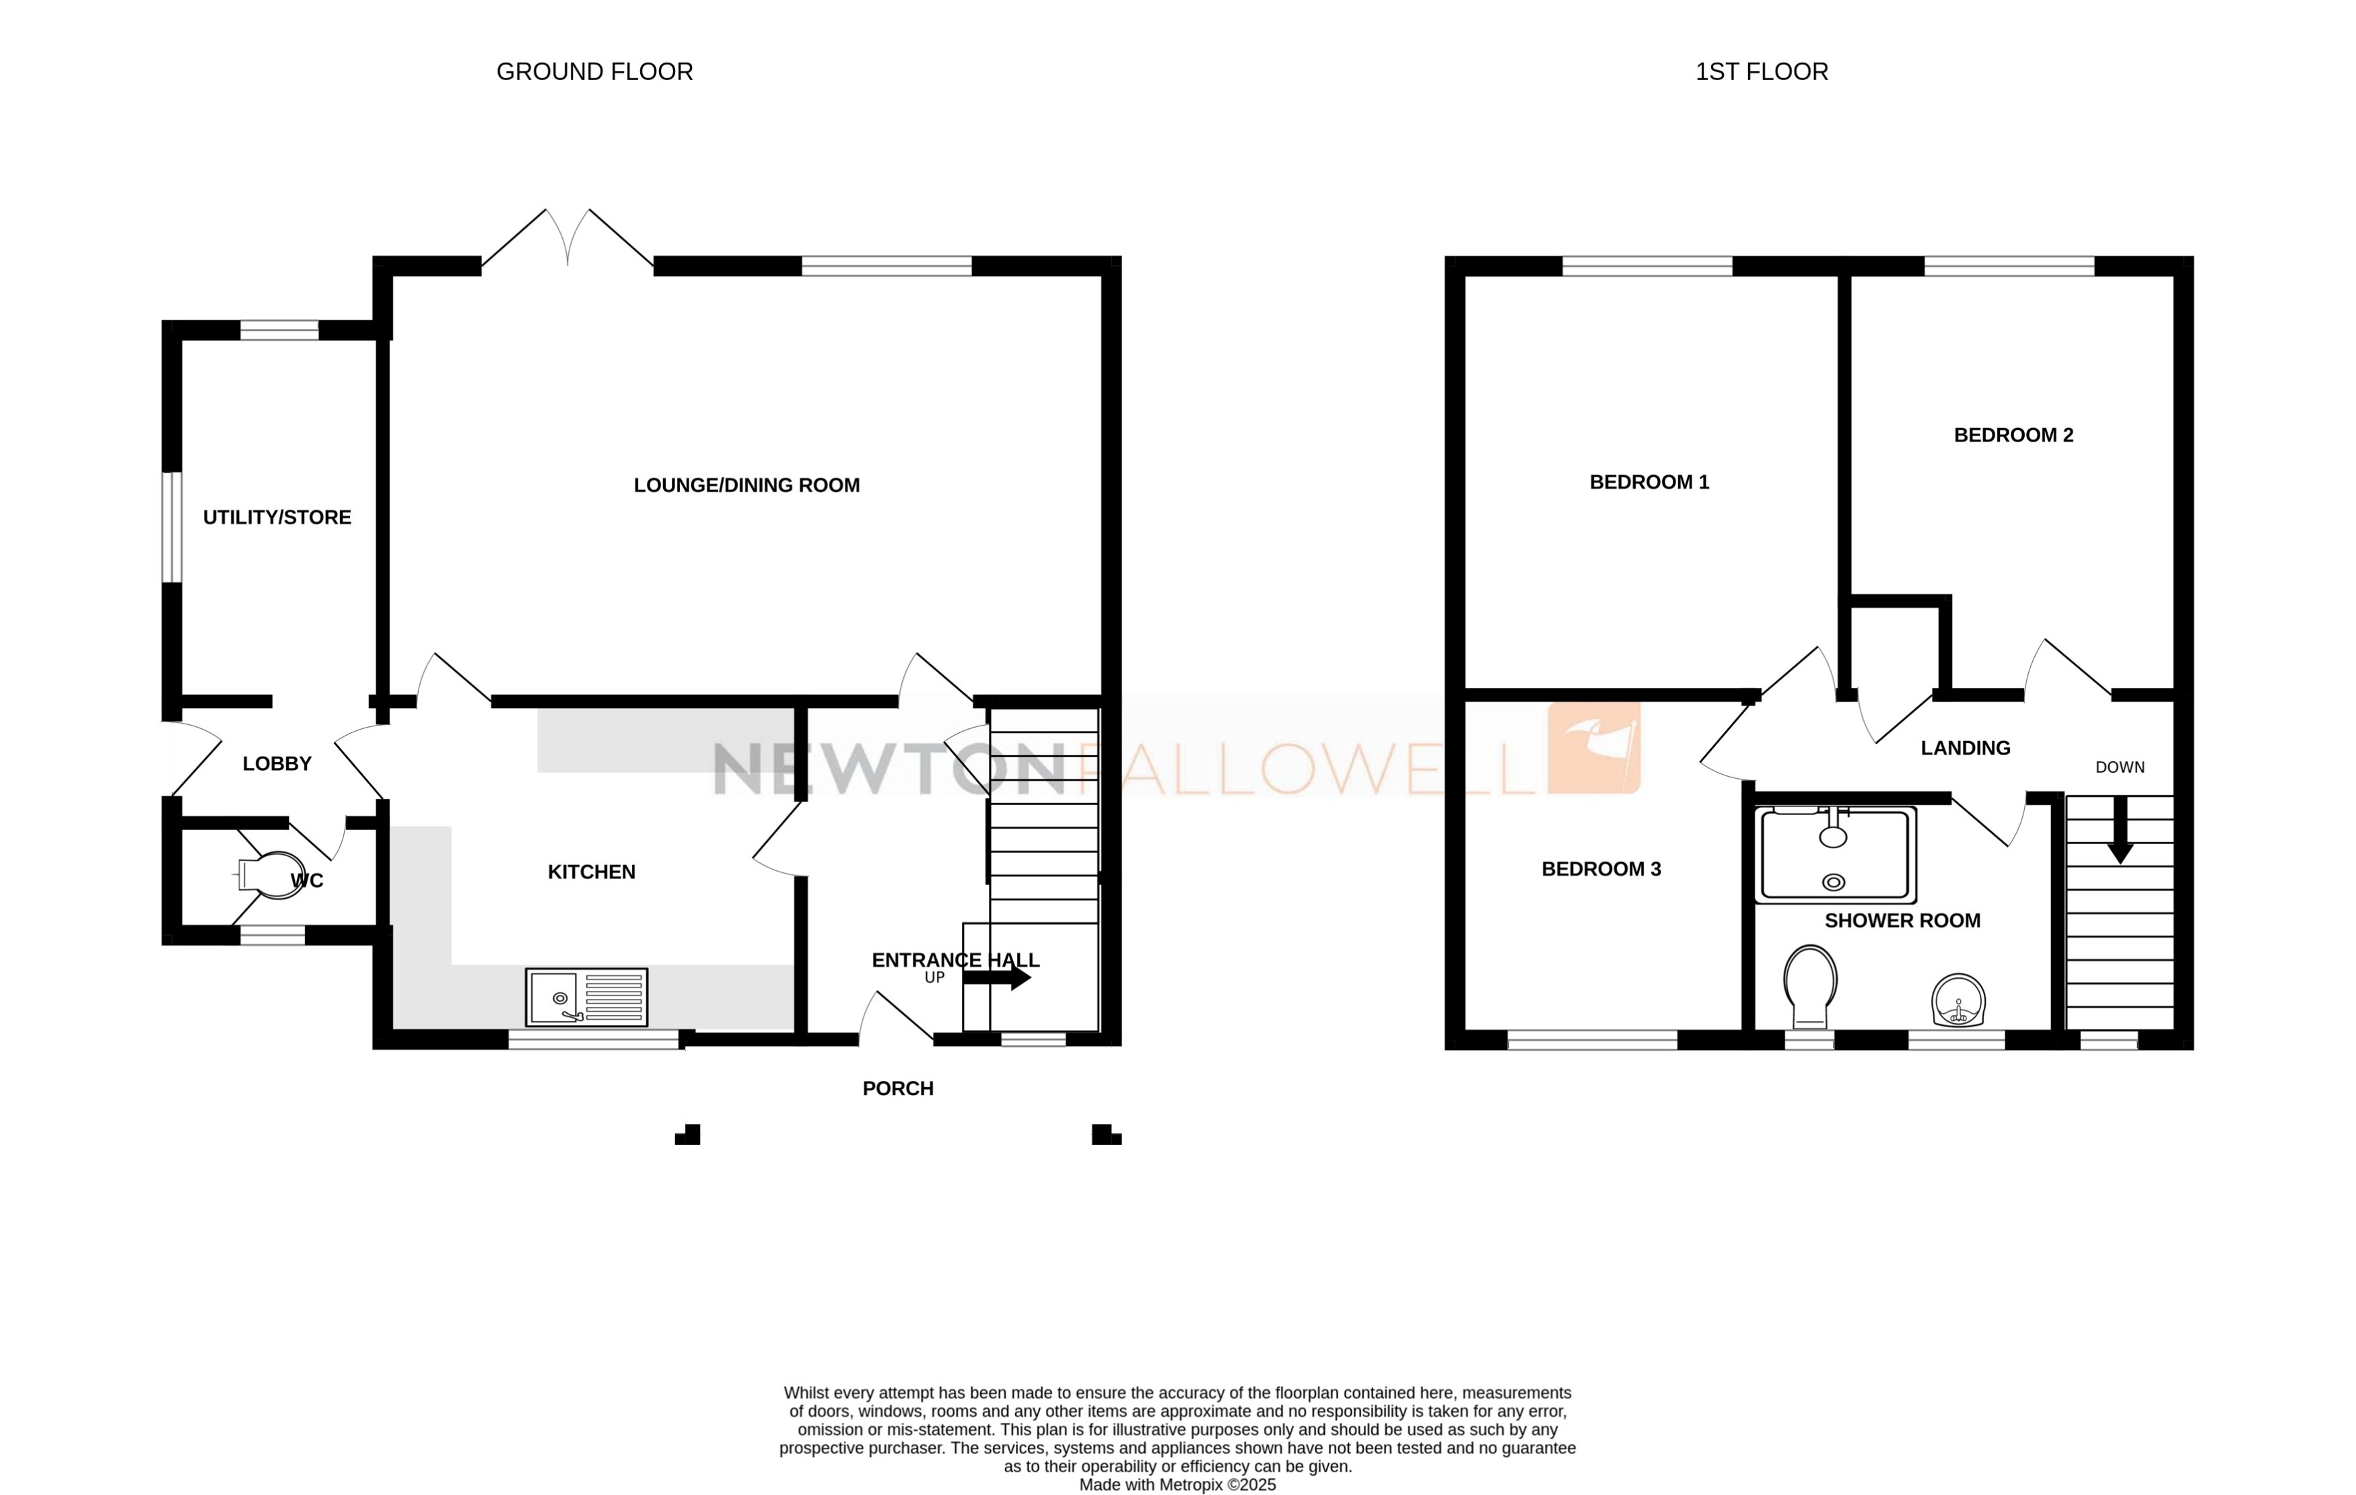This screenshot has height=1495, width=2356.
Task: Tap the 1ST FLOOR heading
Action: pyautogui.click(x=1760, y=71)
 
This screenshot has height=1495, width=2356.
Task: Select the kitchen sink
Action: pyautogui.click(x=586, y=997)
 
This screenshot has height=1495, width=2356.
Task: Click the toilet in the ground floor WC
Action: pyautogui.click(x=271, y=874)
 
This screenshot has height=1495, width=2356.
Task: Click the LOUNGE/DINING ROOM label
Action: pyautogui.click(x=747, y=485)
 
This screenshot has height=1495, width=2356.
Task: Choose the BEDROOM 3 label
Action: pyautogui.click(x=1601, y=869)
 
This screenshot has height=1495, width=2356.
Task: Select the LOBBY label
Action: pyautogui.click(x=277, y=764)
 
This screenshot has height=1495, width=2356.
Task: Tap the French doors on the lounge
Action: pyautogui.click(x=567, y=240)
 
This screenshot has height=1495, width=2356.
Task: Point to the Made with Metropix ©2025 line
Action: pyautogui.click(x=1177, y=1485)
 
